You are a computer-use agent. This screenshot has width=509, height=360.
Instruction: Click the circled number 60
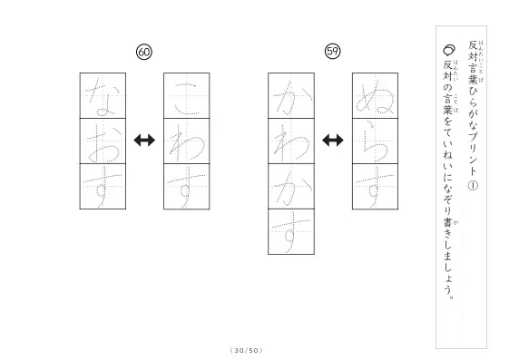144,53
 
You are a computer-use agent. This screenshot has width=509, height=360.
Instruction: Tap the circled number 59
332,52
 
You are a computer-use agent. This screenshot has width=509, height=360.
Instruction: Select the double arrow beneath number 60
144,141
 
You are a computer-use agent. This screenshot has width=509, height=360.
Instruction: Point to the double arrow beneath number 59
333,141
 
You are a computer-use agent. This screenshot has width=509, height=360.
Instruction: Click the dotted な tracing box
103,96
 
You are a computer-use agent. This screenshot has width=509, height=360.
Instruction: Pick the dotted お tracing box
103,141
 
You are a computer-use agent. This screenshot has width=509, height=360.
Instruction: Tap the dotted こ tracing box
187,96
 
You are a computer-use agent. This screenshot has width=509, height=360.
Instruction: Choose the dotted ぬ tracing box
375,96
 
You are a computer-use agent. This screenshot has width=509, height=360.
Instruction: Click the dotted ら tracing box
375,141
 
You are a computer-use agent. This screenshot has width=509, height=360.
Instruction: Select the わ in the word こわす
187,141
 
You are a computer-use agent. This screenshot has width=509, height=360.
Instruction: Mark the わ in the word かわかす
291,141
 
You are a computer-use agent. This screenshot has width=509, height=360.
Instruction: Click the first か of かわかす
291,96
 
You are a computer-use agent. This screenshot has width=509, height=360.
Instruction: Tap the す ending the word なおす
103,187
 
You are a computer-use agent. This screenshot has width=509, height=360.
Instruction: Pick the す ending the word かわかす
291,231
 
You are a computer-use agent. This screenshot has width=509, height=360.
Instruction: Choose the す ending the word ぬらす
375,187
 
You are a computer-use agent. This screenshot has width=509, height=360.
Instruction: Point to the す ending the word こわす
187,187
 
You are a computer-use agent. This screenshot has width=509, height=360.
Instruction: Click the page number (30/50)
247,350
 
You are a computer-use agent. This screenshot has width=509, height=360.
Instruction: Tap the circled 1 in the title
473,186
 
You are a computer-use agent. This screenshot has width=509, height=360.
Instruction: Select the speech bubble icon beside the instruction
449,51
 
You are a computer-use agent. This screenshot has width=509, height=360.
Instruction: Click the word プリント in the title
473,152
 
